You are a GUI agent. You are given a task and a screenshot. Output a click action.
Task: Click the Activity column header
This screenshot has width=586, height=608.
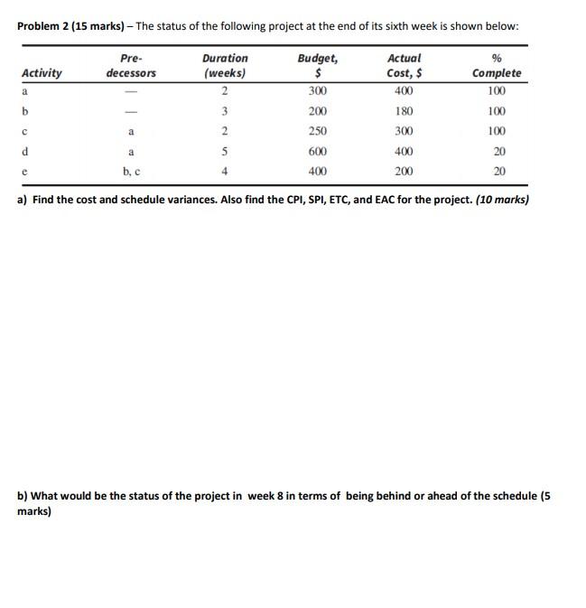coord(42,72)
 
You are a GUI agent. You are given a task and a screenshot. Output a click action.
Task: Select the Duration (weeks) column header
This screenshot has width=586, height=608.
coord(225,65)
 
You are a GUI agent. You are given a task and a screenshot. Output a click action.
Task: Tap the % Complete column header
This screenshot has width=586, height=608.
coord(497,65)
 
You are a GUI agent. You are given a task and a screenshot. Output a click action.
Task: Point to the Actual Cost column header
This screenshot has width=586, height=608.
coord(403,65)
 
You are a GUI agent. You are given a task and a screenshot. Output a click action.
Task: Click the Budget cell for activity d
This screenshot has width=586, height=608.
coord(317,152)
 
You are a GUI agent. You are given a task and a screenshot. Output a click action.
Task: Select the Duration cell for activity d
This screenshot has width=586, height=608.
coord(223,152)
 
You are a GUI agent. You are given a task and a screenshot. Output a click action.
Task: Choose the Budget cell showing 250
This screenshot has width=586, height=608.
coord(317,132)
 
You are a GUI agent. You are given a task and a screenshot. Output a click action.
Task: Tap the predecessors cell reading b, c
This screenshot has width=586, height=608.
coord(132,172)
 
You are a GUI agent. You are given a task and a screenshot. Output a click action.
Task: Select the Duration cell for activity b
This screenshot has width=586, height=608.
coord(223,112)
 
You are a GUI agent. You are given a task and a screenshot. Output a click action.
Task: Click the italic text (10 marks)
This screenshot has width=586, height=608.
coord(502,200)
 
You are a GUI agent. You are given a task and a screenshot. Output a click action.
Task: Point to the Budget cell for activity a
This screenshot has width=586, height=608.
coord(317,92)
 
